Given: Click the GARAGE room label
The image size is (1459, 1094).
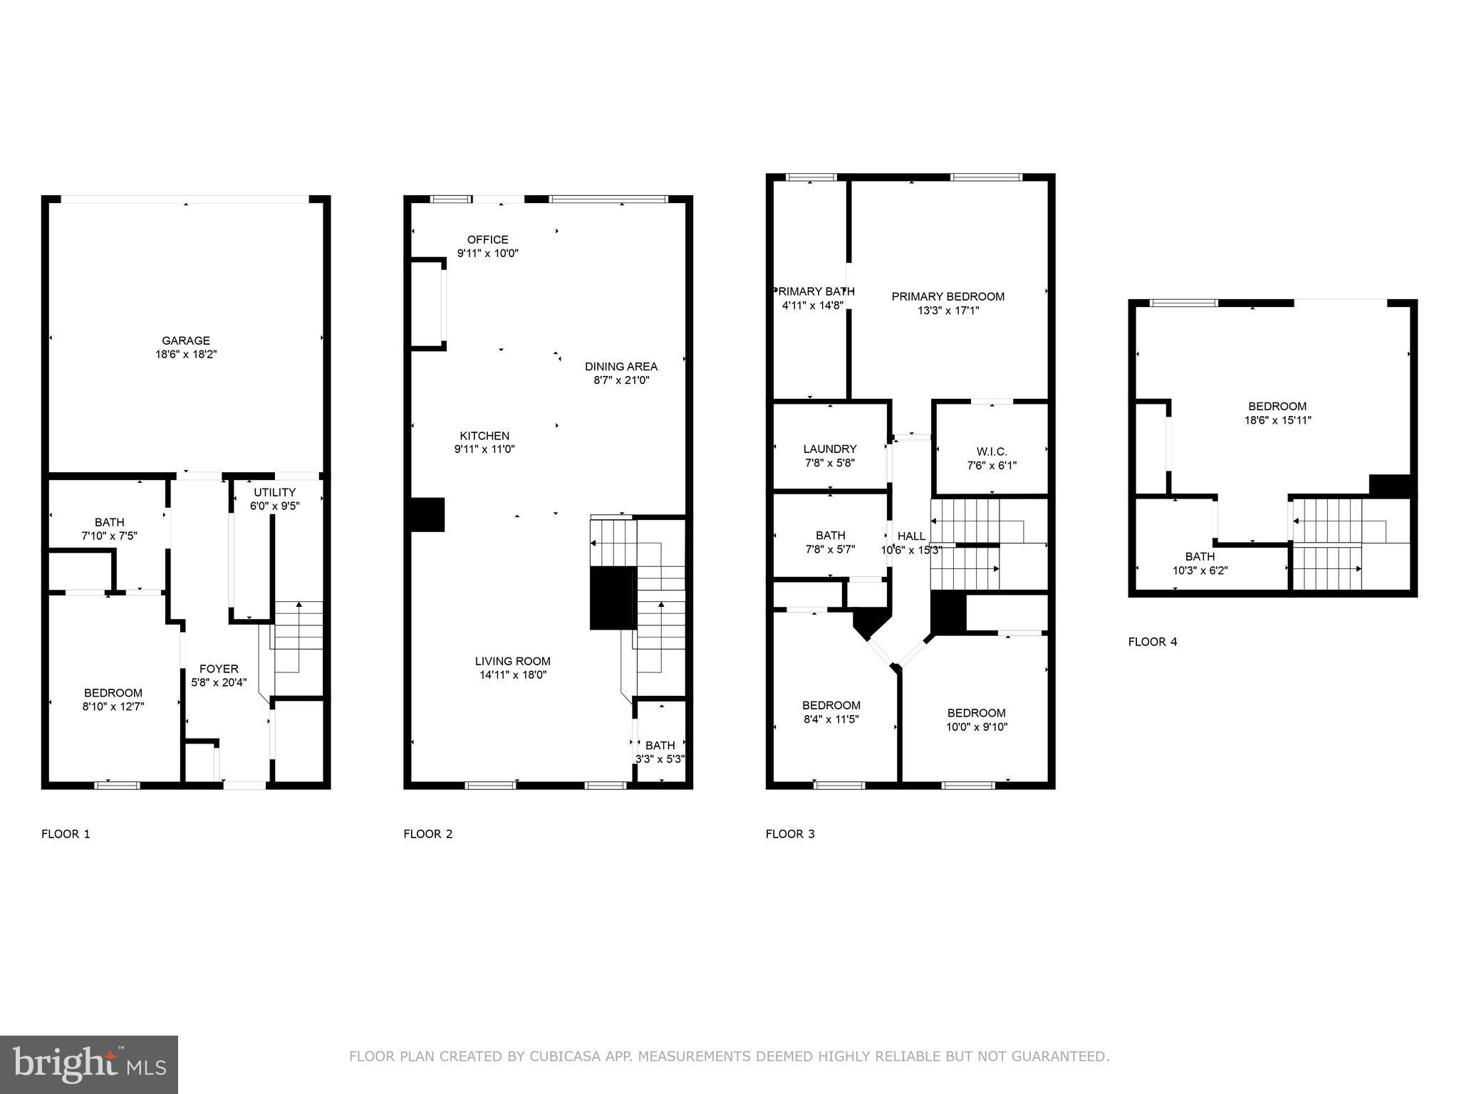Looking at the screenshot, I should (x=186, y=341).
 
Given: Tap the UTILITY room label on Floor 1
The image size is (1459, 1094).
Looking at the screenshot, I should (x=275, y=492).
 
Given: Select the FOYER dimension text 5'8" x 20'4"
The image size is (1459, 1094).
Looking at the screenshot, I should (x=219, y=682).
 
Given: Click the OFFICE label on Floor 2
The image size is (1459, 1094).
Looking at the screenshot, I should (x=488, y=240).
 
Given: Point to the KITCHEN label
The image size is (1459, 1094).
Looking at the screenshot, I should (x=484, y=436).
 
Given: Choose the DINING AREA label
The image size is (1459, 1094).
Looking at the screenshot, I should (x=621, y=367).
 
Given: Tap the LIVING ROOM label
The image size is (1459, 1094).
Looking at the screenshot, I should (x=513, y=661).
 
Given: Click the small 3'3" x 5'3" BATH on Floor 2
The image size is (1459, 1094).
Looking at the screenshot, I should (x=660, y=752).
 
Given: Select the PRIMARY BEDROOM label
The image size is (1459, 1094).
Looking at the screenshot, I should (x=948, y=296).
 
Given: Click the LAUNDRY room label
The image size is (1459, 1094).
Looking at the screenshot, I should (x=830, y=449).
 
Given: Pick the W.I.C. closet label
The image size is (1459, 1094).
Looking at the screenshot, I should (x=992, y=452).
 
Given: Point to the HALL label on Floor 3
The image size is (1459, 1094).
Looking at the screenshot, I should (x=911, y=536).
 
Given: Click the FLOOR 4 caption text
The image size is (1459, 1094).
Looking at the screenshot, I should (x=1153, y=642).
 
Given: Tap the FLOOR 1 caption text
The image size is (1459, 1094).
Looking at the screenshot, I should (x=66, y=834).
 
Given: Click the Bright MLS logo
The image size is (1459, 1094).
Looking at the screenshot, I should (x=89, y=1064).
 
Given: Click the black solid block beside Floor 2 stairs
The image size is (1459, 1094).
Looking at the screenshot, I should (x=612, y=598).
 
